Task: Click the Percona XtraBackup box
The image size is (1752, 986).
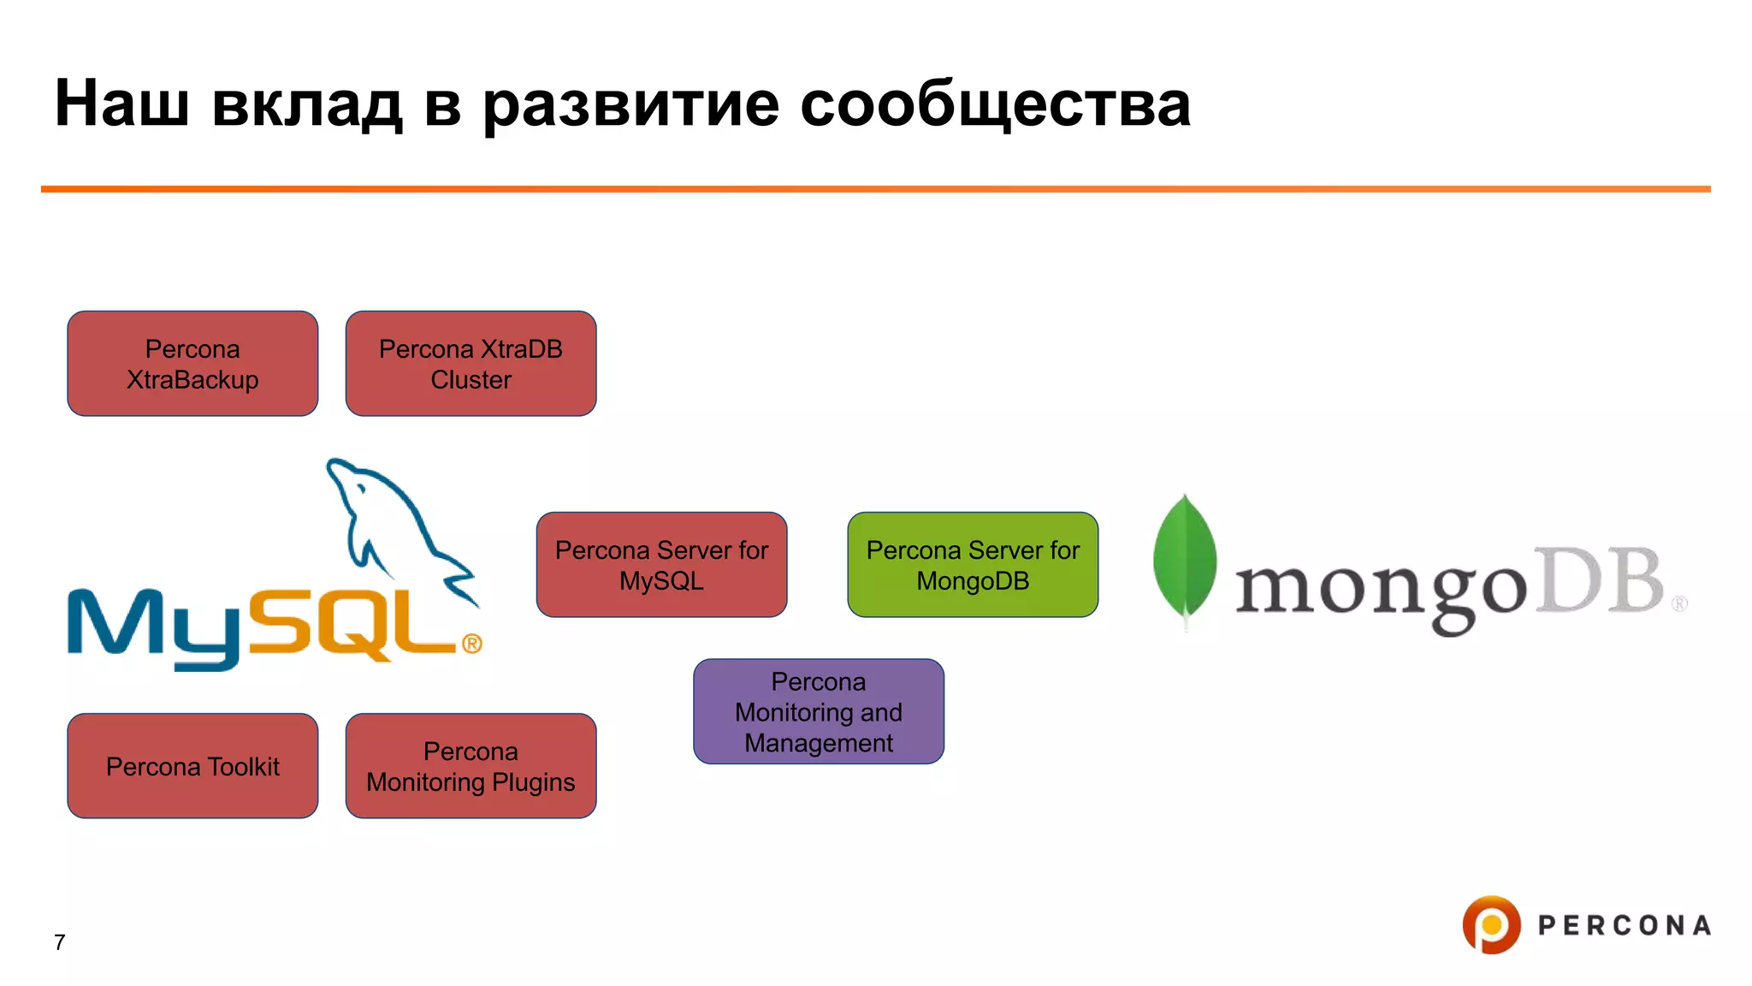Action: pos(192,364)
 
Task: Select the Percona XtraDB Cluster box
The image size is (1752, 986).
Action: pos(471,364)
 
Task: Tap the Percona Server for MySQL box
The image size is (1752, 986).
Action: pos(661,565)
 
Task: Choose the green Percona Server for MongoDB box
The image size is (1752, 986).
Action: pos(973,565)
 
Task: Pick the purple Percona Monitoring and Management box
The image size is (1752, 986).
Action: pos(819,711)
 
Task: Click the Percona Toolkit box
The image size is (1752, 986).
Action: pos(192,766)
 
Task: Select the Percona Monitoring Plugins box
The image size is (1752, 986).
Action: pos(471,766)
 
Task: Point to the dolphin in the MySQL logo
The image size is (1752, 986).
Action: pos(394,522)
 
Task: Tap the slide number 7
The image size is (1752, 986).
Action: pos(59,942)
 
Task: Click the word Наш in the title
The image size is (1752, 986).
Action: pos(121,104)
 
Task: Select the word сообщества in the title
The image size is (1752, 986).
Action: pos(995,104)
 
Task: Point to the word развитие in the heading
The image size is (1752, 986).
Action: pos(630,104)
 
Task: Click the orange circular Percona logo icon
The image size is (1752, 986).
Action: pos(1491,924)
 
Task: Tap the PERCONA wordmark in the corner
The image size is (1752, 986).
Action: pos(1624,925)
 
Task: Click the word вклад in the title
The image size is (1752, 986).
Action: pos(306,104)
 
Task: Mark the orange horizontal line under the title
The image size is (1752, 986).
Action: pos(875,188)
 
